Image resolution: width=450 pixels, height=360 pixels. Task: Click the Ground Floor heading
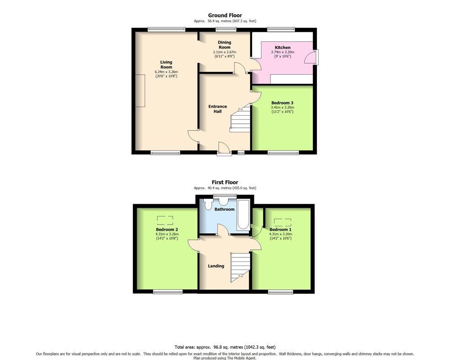point(225,15)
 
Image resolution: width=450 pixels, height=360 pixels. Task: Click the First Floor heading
point(225,182)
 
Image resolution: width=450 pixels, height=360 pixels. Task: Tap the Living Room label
point(166,65)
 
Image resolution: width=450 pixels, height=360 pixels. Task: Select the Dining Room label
point(225,45)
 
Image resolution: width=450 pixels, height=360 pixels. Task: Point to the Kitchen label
point(283,48)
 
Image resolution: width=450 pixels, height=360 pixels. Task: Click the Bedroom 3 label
point(283,103)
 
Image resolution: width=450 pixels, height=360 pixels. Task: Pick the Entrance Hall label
point(217,109)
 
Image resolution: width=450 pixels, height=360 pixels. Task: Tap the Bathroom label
point(225,209)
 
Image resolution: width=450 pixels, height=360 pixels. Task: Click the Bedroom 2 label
point(167,229)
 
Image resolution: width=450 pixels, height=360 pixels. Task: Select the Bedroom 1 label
point(280,229)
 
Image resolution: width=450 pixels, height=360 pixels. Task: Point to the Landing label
point(216,266)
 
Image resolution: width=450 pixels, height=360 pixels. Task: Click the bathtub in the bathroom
point(243,215)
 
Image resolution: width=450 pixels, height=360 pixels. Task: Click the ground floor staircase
point(240,118)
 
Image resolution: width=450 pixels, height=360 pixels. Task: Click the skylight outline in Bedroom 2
point(165,220)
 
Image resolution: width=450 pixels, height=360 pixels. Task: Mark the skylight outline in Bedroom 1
point(283,223)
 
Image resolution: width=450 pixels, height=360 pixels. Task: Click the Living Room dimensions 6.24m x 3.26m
point(166,72)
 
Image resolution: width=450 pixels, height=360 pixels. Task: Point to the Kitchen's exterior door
point(311,57)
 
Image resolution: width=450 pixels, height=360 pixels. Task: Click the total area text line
point(225,347)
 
